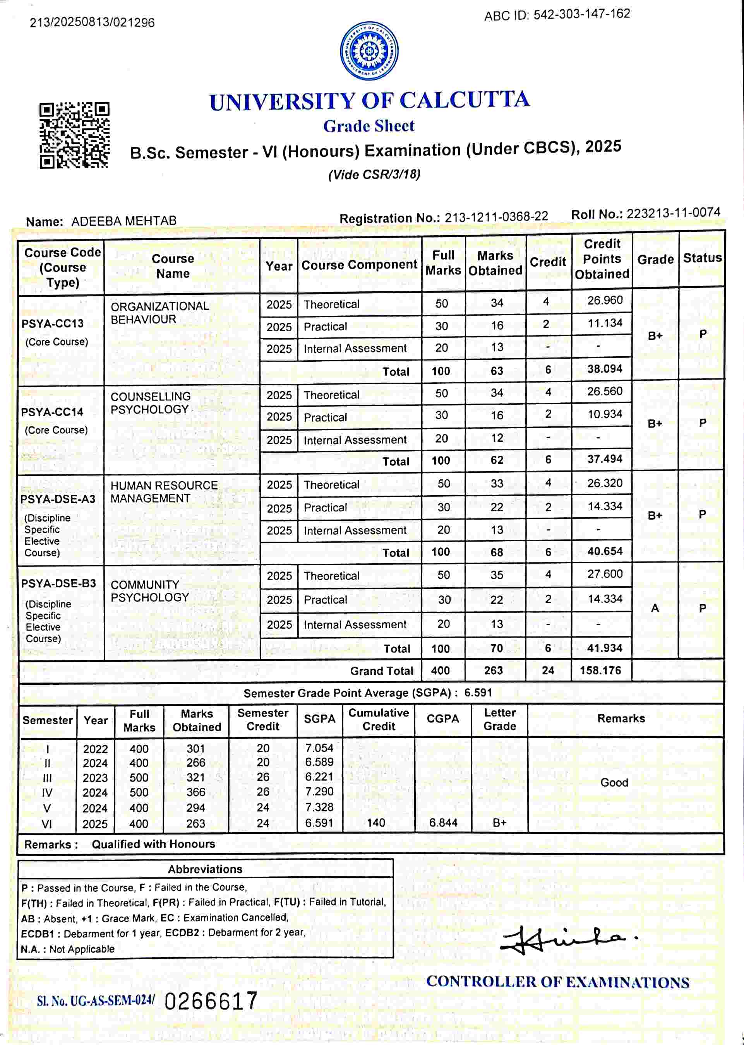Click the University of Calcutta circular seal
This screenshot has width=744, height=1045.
[x=369, y=51]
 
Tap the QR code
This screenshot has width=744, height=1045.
[x=74, y=135]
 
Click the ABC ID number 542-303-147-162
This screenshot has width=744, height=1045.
[x=581, y=14]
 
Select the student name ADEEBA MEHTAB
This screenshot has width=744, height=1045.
[x=124, y=221]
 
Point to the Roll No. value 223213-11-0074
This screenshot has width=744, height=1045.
[x=673, y=213]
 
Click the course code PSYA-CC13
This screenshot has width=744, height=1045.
[x=52, y=323]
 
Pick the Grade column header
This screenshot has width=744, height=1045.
[x=655, y=260]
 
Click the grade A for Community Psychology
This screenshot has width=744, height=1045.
[x=655, y=608]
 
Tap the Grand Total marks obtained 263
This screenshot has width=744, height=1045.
[x=494, y=670]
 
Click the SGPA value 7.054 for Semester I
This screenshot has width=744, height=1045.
[x=319, y=748]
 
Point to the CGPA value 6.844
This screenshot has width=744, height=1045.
[x=443, y=823]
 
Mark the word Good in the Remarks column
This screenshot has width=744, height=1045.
[x=614, y=783]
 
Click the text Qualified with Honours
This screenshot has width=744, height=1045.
[x=153, y=844]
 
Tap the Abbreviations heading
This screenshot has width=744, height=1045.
[x=205, y=869]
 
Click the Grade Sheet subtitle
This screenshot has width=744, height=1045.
[x=369, y=126]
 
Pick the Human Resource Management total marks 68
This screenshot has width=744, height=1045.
[x=497, y=552]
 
